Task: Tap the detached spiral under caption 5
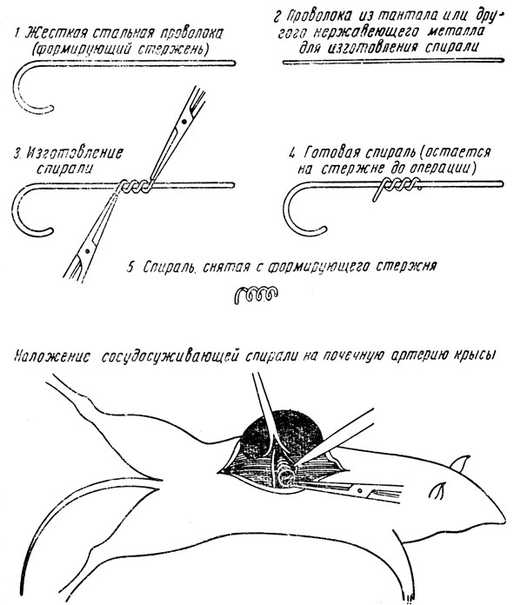256,296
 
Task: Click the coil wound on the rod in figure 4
396,188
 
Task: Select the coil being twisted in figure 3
135,187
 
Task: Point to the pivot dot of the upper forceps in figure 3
185,122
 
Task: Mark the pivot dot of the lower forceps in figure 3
87,251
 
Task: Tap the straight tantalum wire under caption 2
393,61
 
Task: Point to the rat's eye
438,490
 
